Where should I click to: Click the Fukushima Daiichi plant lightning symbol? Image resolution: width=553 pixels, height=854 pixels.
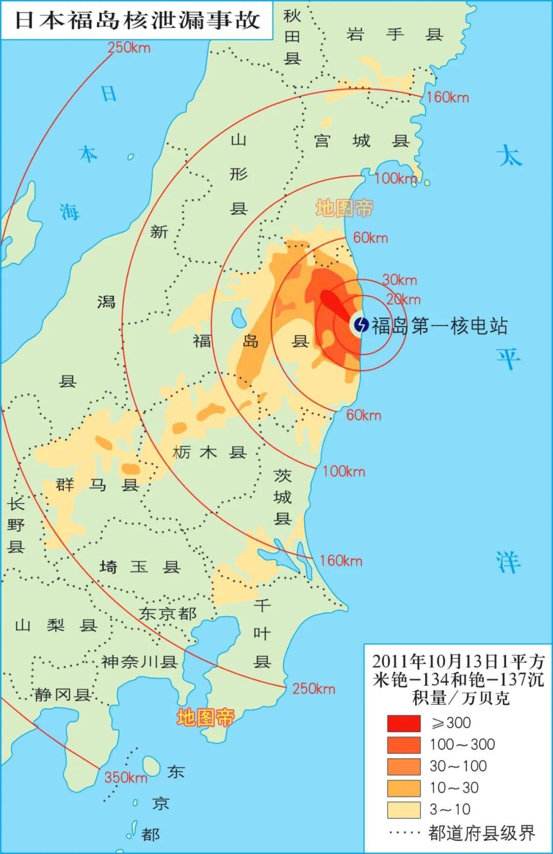(361, 324)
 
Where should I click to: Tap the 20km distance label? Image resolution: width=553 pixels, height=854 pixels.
(403, 300)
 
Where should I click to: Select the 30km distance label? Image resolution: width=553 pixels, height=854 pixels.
(399, 280)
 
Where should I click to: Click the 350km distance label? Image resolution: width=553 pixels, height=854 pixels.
(125, 778)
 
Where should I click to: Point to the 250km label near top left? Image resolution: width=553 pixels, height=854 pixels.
(129, 48)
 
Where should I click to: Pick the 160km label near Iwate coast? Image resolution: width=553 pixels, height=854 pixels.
(447, 97)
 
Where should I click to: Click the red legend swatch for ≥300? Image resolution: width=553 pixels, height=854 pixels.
(403, 723)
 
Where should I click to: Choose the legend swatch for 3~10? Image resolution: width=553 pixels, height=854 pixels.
(403, 809)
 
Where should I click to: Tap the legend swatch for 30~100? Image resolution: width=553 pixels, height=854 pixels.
(403, 766)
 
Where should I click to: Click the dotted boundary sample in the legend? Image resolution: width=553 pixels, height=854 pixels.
(404, 833)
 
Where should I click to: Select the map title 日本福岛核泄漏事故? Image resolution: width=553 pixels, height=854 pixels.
(137, 20)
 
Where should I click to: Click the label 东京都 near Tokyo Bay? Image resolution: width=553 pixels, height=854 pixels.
(167, 613)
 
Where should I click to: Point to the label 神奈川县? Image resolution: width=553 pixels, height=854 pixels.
(139, 662)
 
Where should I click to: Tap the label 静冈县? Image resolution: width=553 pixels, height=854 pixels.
(62, 694)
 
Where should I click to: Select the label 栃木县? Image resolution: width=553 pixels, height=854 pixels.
(209, 452)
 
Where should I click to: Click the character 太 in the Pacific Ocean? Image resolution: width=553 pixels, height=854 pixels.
(509, 155)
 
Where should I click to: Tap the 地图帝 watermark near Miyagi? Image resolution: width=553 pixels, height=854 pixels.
(344, 208)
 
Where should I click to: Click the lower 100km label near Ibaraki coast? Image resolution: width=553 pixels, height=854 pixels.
(344, 471)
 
